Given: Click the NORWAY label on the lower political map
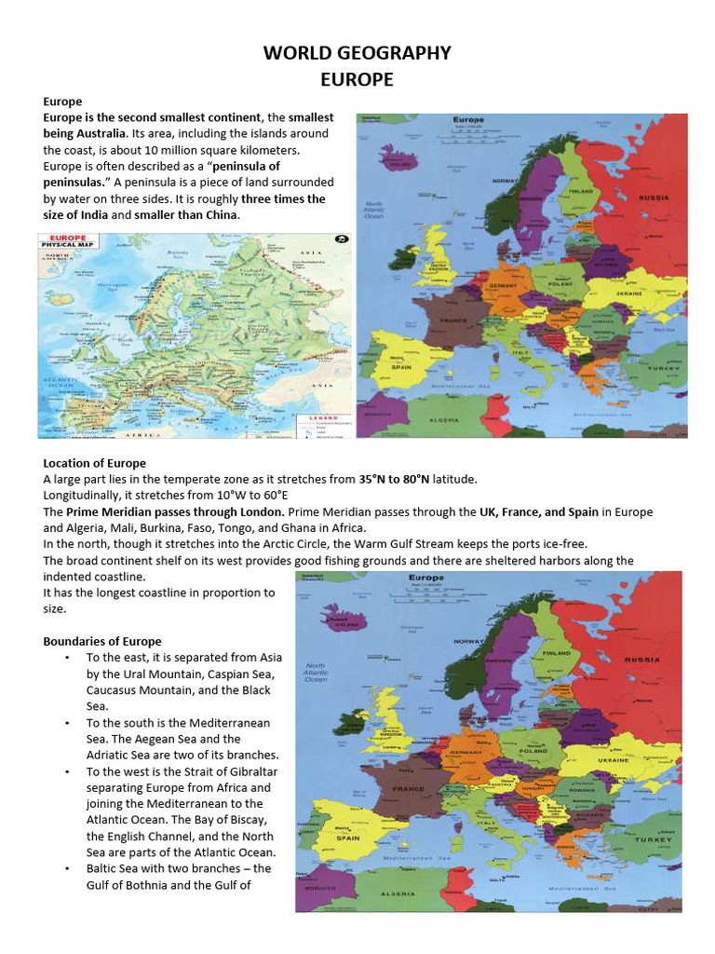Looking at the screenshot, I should (x=467, y=642).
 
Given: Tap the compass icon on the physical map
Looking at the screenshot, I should (x=341, y=239).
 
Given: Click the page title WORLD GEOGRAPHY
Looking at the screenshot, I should (x=357, y=53).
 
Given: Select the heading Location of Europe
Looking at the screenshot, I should (x=94, y=463).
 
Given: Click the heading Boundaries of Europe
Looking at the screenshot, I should (x=102, y=641).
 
